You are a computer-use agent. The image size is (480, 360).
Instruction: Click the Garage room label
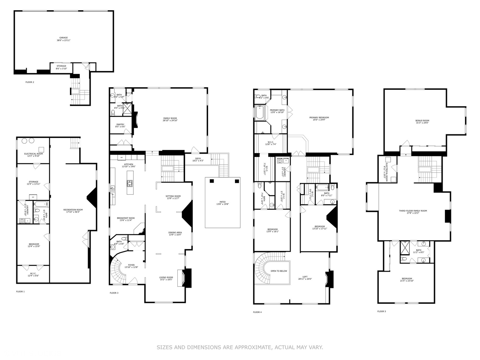click(63, 39)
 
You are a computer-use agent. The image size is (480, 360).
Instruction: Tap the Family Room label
click(170, 119)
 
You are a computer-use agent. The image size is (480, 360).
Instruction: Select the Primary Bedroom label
click(319, 119)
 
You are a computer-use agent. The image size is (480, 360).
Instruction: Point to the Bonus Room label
click(422, 122)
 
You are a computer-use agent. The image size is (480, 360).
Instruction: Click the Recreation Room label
click(73, 211)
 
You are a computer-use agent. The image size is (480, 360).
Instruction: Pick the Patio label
click(222, 203)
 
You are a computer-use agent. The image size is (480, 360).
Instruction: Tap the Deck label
click(198, 160)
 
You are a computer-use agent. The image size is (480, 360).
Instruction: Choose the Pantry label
click(120, 126)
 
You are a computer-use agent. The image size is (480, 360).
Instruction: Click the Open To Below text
click(279, 271)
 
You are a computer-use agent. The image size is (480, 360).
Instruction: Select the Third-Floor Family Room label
click(413, 212)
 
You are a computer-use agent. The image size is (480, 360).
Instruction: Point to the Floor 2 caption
click(30, 82)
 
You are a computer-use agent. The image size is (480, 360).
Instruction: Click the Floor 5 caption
click(381, 311)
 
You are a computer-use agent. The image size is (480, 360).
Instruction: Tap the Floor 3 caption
click(114, 293)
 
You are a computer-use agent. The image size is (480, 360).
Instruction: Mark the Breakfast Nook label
click(125, 219)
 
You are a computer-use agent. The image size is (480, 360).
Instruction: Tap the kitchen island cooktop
click(129, 183)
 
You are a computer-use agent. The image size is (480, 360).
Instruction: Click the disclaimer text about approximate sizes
click(240, 347)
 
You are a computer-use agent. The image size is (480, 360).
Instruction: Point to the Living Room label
click(166, 279)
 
